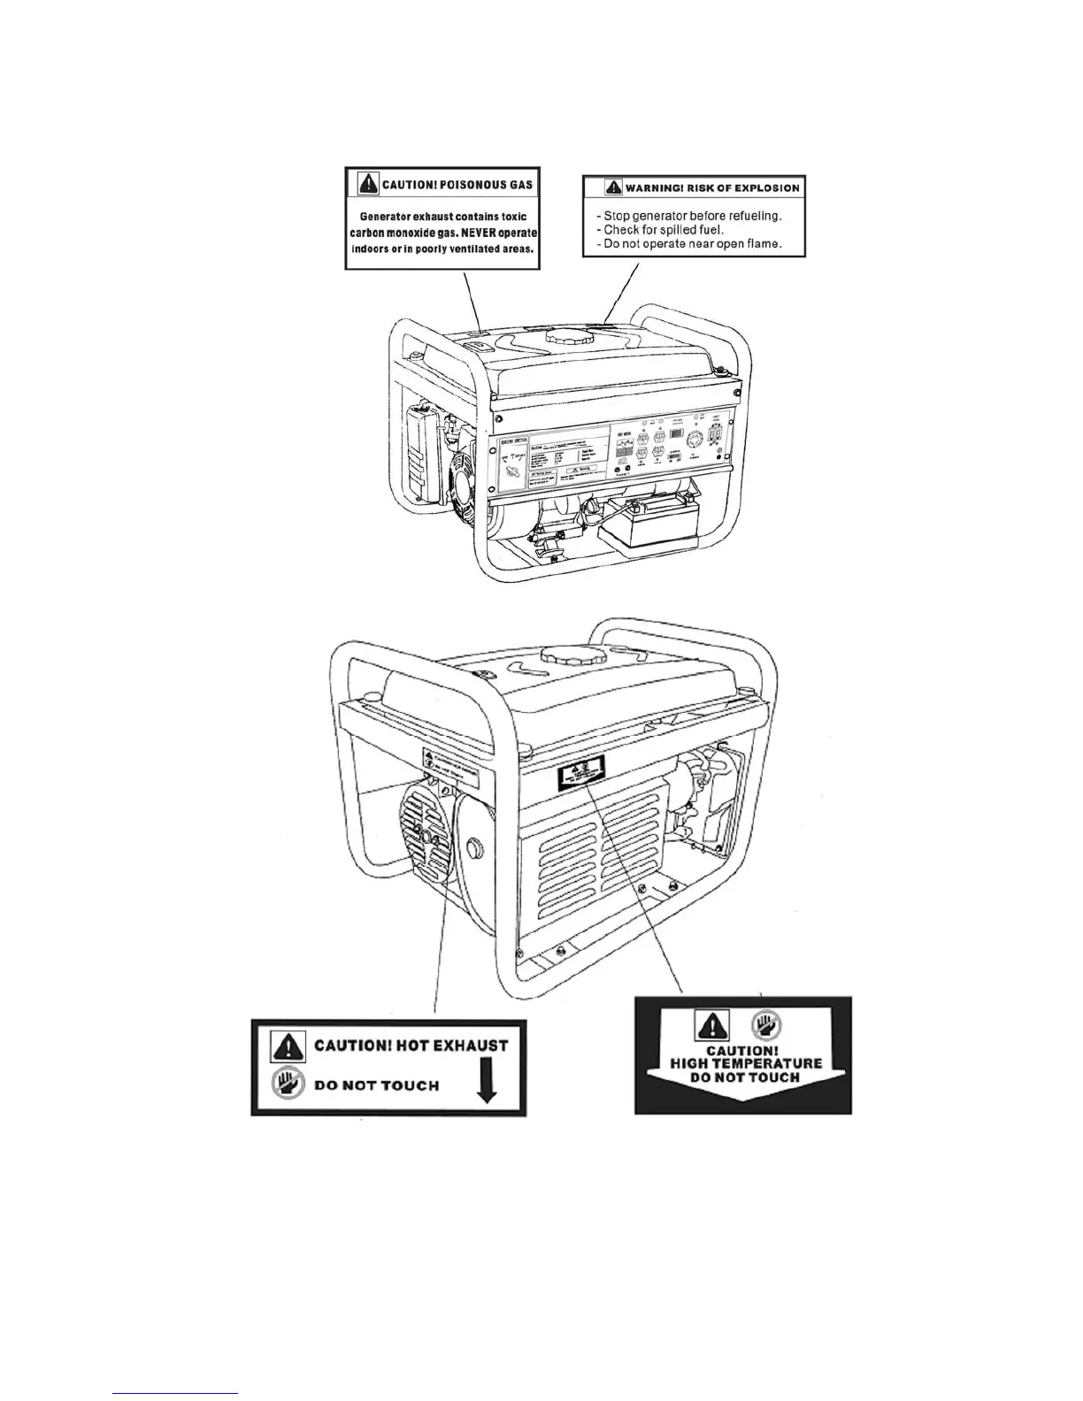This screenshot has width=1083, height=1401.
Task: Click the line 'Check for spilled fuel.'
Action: [x=664, y=230]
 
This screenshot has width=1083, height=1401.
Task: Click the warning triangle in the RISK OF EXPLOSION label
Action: [x=613, y=188]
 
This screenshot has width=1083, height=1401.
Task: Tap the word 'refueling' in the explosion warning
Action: [x=750, y=216]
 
